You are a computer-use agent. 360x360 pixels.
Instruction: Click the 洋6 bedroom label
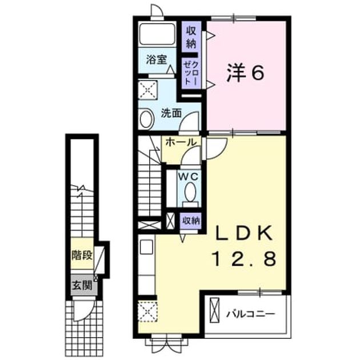(245, 73)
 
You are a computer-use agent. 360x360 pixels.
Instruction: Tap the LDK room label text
(243, 233)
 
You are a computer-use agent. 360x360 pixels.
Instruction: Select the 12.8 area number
(245, 258)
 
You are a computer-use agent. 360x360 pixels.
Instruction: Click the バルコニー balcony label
(250, 314)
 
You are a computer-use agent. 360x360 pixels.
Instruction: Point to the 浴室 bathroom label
(156, 59)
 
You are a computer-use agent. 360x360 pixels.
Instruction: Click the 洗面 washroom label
(171, 113)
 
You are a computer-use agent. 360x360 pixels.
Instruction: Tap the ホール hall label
(181, 142)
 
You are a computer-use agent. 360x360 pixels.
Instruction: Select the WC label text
(188, 177)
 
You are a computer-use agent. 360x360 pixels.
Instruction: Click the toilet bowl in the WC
(190, 192)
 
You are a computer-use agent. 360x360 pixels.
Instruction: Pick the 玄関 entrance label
(82, 285)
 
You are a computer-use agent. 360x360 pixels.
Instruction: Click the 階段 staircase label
(82, 255)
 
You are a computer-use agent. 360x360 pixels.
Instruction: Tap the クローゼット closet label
(191, 73)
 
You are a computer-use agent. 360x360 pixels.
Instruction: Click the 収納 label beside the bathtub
(191, 37)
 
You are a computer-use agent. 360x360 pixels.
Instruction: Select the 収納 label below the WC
(191, 221)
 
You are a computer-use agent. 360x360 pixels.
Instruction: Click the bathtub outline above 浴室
(157, 34)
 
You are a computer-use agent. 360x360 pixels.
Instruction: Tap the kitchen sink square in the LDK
(146, 247)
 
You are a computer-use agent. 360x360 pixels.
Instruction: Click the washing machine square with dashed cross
(148, 90)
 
